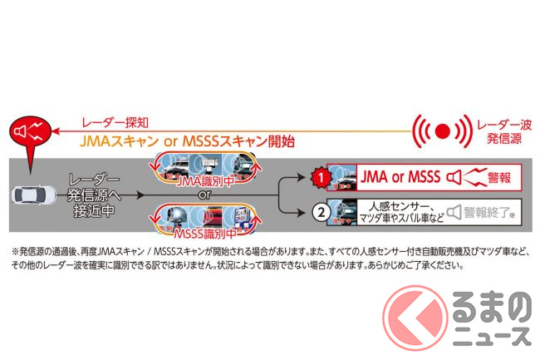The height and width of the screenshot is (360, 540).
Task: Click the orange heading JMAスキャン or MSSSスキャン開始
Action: (x=187, y=141)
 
